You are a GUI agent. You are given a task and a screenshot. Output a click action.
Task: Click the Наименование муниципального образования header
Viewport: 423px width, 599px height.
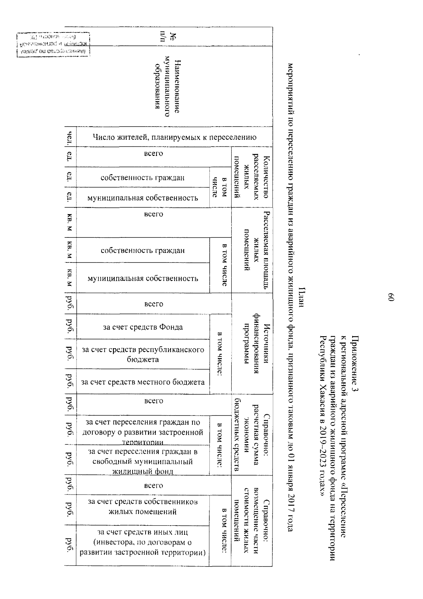point(168,87)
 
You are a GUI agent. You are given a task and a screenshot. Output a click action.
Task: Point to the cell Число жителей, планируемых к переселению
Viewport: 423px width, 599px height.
point(174,137)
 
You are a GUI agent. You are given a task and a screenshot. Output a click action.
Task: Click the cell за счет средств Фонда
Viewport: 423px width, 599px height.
point(143,327)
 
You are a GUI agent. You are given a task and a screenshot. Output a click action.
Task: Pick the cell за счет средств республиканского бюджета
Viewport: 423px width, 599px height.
point(143,354)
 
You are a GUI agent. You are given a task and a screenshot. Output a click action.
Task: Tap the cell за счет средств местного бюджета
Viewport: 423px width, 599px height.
point(143,382)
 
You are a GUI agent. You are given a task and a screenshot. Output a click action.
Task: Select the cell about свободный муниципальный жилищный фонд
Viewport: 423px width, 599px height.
point(143,461)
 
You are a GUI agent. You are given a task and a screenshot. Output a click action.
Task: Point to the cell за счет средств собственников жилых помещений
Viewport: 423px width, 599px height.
point(143,507)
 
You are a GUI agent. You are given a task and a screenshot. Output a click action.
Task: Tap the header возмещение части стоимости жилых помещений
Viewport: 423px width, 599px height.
point(252,521)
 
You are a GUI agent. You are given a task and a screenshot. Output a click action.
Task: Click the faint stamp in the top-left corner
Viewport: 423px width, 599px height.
point(53,44)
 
